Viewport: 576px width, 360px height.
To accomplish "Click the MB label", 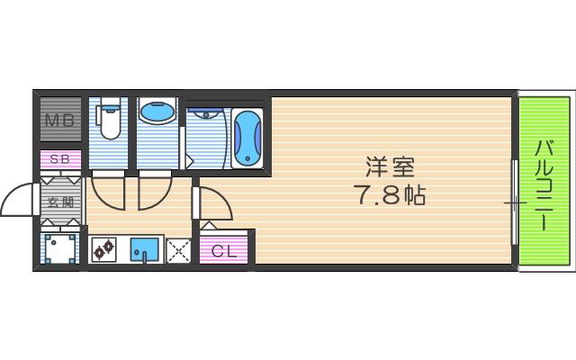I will click(x=60, y=119).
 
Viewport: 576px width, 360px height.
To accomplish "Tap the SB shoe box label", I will click(x=60, y=159).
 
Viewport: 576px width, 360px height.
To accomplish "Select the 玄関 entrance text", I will click(x=60, y=202).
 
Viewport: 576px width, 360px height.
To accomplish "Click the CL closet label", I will click(x=225, y=251).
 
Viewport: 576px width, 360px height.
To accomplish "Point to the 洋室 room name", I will click(x=390, y=167).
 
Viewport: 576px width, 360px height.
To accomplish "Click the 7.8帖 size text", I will click(x=390, y=193).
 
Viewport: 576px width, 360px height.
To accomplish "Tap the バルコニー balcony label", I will click(x=544, y=184).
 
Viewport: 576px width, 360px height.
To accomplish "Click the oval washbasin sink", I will click(x=158, y=113).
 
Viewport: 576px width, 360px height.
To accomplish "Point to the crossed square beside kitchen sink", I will click(x=178, y=249).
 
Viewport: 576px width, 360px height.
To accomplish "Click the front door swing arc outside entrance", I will click(x=18, y=200).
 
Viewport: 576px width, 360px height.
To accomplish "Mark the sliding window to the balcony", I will click(x=515, y=202).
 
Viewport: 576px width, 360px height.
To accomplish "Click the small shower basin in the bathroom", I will click(x=205, y=114).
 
